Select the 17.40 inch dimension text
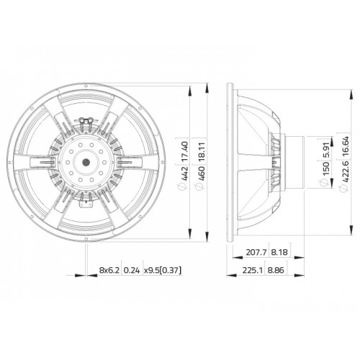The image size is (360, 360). click(x=184, y=152)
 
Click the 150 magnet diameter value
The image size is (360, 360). click(x=326, y=168)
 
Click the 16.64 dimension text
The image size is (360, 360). click(x=345, y=146)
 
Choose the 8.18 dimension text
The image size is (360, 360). click(x=279, y=252)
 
